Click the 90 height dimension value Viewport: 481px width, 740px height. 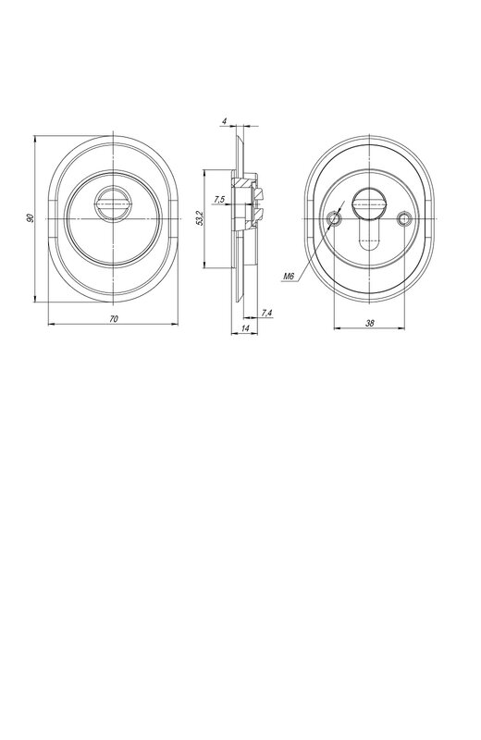click(x=31, y=218)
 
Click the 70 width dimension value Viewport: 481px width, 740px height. click(x=113, y=319)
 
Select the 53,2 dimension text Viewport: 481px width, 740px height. click(x=199, y=218)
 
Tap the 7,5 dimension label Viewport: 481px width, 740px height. click(x=219, y=200)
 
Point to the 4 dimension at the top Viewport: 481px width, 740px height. click(x=225, y=121)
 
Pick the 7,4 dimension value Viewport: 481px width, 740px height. click(x=266, y=313)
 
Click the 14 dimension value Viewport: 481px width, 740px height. click(x=245, y=328)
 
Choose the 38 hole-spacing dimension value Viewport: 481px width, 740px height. click(x=370, y=323)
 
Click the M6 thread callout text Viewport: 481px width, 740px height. click(x=289, y=276)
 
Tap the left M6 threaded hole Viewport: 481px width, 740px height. click(x=335, y=218)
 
